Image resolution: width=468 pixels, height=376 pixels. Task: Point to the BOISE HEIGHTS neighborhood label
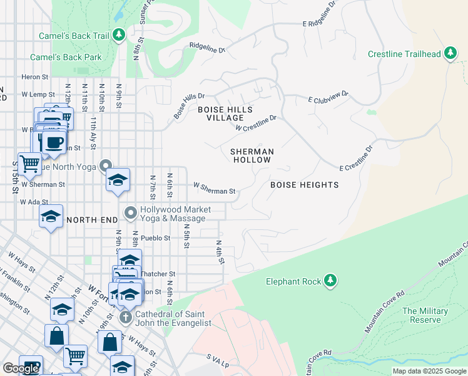click(x=304, y=185)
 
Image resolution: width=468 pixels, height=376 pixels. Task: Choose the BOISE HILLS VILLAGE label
click(x=225, y=113)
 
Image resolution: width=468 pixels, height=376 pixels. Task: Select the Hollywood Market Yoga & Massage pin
click(x=131, y=214)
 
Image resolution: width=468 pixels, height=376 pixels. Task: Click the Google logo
click(x=20, y=368)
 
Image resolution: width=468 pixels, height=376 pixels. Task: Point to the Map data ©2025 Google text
click(x=429, y=371)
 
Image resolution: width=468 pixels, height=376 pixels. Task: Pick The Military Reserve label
click(x=425, y=315)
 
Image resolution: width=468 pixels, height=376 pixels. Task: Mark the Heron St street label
click(x=34, y=77)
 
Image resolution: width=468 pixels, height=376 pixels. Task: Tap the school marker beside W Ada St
click(x=51, y=217)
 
